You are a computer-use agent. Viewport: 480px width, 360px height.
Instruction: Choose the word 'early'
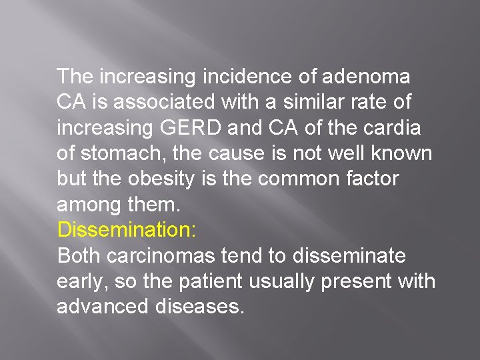point(82,282)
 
